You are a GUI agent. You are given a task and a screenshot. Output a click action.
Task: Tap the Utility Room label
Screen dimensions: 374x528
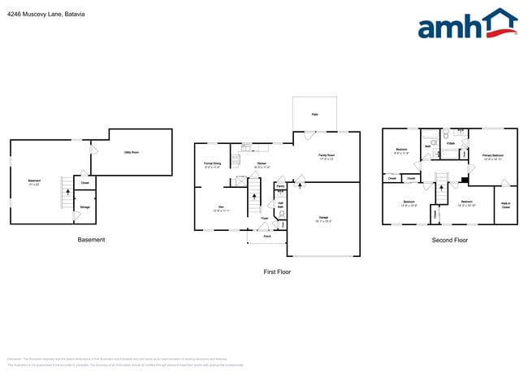(131, 152)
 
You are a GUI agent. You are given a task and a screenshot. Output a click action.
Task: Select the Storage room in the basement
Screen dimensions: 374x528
(85, 208)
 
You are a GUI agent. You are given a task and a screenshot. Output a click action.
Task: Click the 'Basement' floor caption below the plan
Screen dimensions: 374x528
(91, 240)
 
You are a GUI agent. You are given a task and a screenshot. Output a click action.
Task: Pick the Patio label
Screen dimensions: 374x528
(314, 115)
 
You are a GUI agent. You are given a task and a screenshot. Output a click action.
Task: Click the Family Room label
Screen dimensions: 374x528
(326, 155)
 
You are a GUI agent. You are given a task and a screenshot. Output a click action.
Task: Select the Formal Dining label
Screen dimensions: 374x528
(213, 163)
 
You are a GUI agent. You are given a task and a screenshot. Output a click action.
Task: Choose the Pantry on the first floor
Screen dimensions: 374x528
(279, 186)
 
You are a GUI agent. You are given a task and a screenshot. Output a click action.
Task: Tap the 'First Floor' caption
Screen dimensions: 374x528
(276, 272)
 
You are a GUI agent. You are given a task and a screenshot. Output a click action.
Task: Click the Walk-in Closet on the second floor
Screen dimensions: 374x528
(505, 206)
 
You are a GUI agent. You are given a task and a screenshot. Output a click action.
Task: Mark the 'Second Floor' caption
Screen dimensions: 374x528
(449, 240)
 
